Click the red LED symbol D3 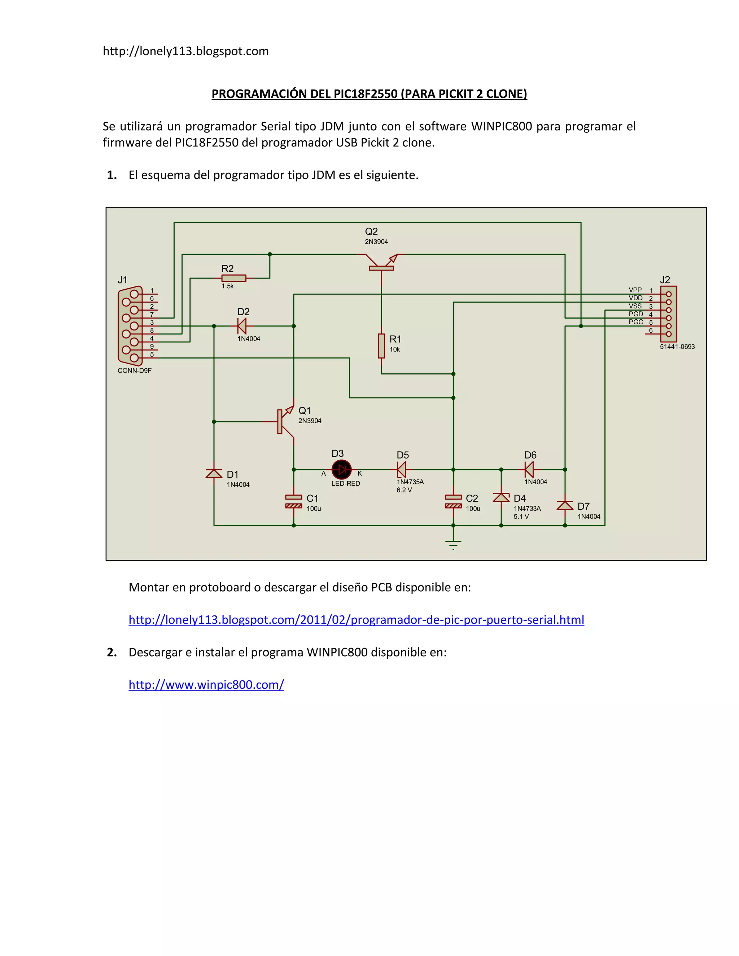tap(341, 470)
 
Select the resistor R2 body tap(234, 278)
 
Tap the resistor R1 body tap(381, 346)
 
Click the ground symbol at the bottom tap(453, 544)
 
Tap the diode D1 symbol tap(214, 474)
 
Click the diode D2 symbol tap(242, 326)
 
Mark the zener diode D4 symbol tap(501, 498)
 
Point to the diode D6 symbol tap(529, 470)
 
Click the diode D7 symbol tap(565, 505)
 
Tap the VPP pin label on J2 tap(635, 290)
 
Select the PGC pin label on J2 tap(636, 322)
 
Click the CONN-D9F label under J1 tap(134, 370)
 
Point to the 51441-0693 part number tap(677, 347)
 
